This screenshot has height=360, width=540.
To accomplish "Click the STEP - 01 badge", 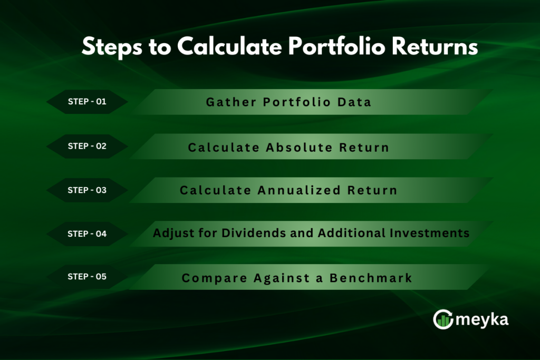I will tap(87, 102).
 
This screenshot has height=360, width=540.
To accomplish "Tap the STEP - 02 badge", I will tap(87, 146).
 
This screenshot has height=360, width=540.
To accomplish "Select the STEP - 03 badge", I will tap(87, 190).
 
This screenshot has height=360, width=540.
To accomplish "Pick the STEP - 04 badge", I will tap(87, 233).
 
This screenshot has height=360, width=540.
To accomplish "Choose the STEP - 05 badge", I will tap(87, 277).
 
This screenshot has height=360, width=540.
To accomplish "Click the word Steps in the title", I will tap(108, 47).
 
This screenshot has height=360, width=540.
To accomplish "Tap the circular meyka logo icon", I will tap(443, 319).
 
